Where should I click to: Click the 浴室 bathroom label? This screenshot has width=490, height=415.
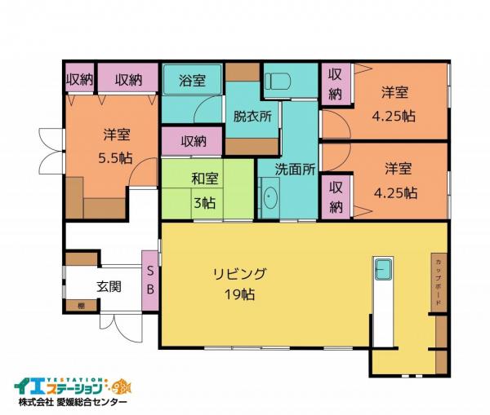pos(193,82)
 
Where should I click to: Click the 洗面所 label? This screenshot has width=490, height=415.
pos(294,170)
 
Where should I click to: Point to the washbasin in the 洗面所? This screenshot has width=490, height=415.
pos(270,198)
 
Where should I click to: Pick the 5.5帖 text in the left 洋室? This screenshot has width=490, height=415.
pos(114,158)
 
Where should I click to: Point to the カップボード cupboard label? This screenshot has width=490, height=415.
pos(439,281)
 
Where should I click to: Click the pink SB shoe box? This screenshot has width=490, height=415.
pos(151,280)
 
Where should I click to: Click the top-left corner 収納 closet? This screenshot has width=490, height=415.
pos(79,80)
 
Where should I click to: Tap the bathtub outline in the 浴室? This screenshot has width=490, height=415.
pos(193,82)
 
